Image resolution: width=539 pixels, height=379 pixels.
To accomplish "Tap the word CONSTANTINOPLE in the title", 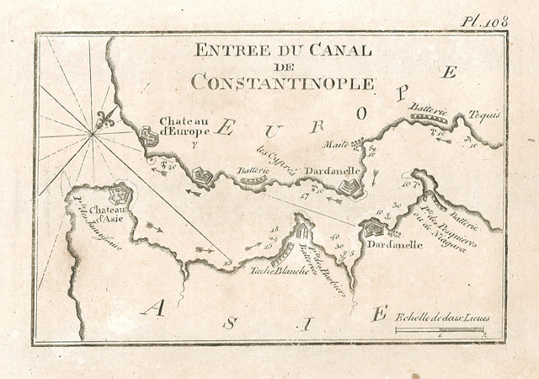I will coord(281,83).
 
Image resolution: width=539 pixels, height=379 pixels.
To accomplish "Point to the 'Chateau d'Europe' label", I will coord(180,125).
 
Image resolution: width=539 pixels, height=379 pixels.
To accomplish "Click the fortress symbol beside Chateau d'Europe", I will coord(148,136).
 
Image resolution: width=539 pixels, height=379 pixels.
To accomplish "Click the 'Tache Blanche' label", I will coord(275,270).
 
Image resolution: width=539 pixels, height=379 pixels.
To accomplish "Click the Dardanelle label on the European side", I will coord(334,170).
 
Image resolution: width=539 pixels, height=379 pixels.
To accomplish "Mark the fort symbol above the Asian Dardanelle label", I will coord(371,227).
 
